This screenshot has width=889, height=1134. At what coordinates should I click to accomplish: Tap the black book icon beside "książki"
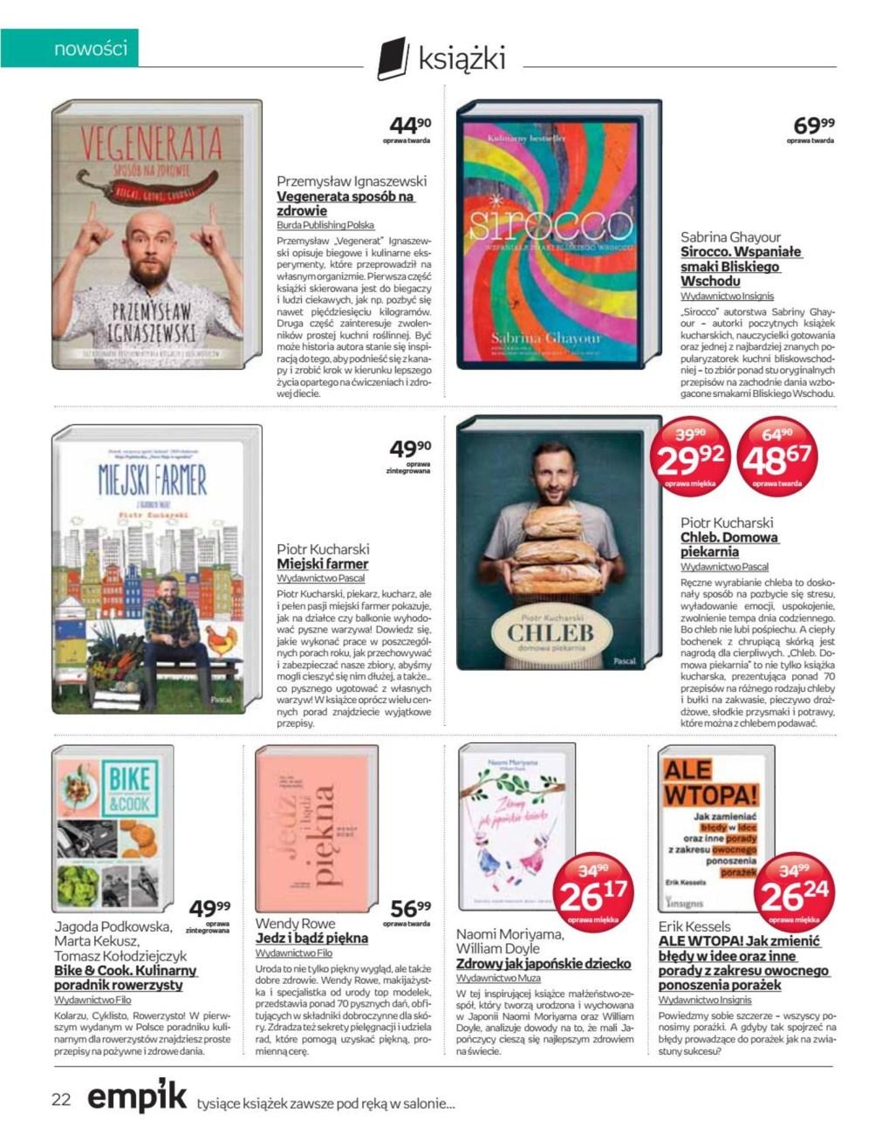pyautogui.click(x=393, y=59)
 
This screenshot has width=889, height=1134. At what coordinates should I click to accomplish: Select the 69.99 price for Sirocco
pyautogui.click(x=813, y=126)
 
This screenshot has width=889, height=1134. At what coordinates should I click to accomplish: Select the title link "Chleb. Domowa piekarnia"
pyautogui.click(x=728, y=544)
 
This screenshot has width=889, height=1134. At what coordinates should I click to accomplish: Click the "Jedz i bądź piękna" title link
pyautogui.click(x=311, y=938)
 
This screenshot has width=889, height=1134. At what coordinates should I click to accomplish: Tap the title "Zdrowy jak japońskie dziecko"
pyautogui.click(x=543, y=964)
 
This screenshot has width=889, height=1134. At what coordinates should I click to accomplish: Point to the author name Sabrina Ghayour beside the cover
pyautogui.click(x=730, y=236)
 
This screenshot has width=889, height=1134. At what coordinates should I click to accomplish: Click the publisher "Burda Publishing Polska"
pyautogui.click(x=325, y=224)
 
